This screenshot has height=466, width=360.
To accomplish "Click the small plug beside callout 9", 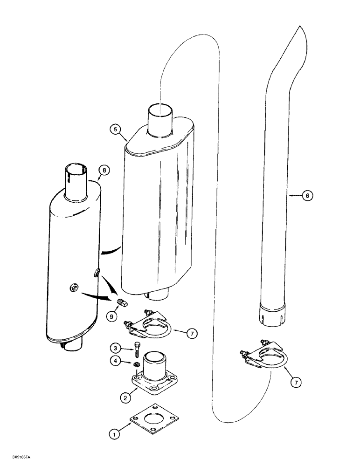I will (122, 303).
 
